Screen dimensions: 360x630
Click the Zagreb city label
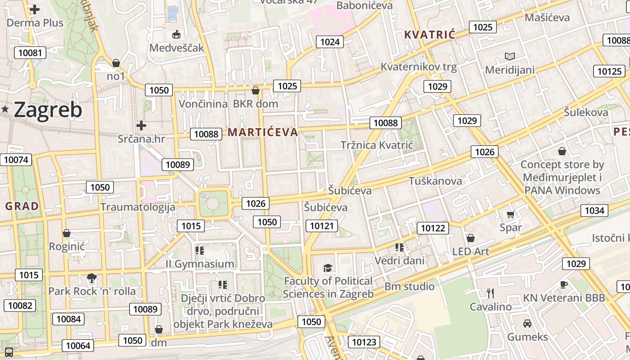[48, 110]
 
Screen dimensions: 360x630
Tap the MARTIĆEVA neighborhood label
[263, 132]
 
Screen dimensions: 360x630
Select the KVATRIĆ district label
[430, 35]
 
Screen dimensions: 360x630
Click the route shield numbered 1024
[330, 42]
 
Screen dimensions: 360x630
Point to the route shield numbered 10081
[30, 53]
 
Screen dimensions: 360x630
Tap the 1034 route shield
[594, 210]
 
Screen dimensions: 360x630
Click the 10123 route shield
[364, 342]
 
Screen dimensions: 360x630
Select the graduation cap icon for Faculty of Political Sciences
[328, 268]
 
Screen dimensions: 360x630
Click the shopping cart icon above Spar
[510, 215]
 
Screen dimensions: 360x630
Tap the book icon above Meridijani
[509, 57]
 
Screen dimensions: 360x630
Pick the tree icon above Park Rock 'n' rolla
[92, 278]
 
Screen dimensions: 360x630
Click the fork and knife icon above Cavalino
[490, 293]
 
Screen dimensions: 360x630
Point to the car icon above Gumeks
[527, 323]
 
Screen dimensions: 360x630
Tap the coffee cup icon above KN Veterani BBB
[564, 284]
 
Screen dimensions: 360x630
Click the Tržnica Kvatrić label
[377, 145]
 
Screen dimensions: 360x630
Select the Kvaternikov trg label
[418, 67]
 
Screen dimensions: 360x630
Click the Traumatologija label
[137, 207]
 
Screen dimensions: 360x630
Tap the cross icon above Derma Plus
[35, 9]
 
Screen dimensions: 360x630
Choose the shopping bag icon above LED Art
[471, 238]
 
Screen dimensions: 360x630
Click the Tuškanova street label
[435, 181]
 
